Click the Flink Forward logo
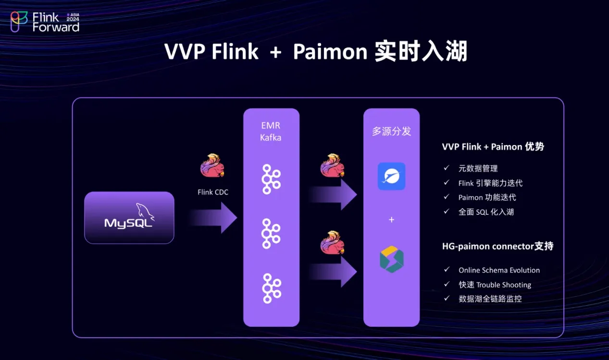tap(45, 22)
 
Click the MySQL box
tap(129, 218)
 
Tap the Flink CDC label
tap(213, 192)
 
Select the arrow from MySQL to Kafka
tap(214, 218)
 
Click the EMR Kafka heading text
tap(271, 131)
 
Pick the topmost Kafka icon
tap(271, 179)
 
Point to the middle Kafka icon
tap(271, 233)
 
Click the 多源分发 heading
tap(391, 131)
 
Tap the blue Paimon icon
tap(391, 176)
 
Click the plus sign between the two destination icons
tap(391, 220)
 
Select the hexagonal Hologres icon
tap(391, 260)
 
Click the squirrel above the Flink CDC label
tap(212, 166)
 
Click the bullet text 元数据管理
tap(478, 168)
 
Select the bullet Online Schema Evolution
tap(499, 270)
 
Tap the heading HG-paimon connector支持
tap(497, 246)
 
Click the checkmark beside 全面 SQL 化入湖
tap(447, 211)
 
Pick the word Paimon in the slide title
tap(330, 52)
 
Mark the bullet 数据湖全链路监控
tap(490, 298)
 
